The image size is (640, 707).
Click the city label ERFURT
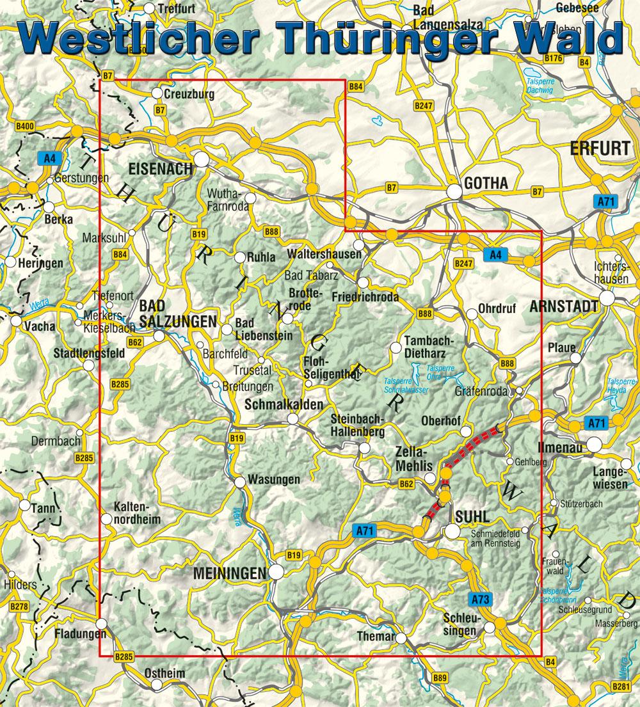tap(600, 148)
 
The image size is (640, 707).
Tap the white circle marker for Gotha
tap(454, 191)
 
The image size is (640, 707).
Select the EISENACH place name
tap(160, 169)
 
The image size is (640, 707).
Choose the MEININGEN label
tap(228, 575)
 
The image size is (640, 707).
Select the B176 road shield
tap(553, 58)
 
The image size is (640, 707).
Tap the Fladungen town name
tap(79, 633)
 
